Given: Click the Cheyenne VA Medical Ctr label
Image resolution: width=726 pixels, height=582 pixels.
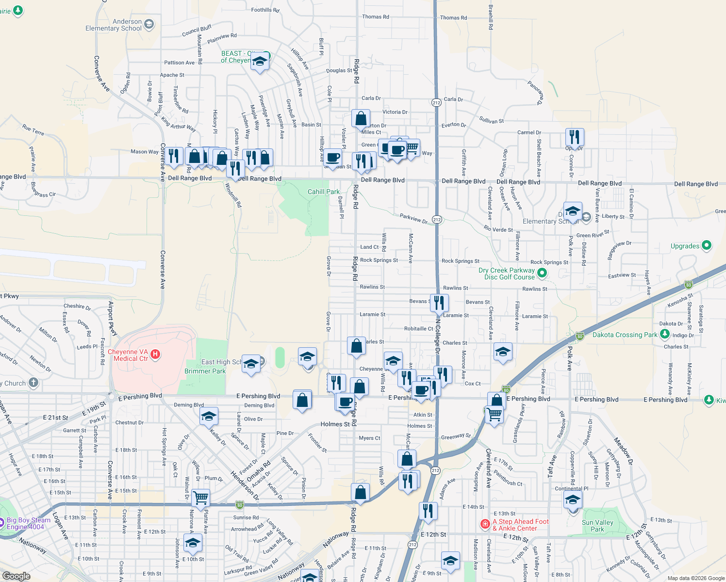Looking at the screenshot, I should tap(128, 355).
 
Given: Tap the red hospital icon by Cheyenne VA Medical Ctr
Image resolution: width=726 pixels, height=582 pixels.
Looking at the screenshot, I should tap(155, 354).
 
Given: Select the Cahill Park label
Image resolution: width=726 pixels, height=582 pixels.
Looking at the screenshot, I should tap(324, 192).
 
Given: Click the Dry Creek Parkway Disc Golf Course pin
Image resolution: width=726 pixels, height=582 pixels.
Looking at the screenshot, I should tap(542, 273).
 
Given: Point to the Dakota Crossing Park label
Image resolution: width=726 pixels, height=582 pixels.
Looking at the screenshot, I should tap(625, 335).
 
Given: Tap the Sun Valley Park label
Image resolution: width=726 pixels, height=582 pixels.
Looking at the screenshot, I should tap(597, 526).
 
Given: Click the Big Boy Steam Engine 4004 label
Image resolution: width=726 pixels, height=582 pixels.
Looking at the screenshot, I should tap(28, 523).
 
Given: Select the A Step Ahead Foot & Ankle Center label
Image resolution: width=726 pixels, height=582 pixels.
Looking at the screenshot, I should tap(520, 525).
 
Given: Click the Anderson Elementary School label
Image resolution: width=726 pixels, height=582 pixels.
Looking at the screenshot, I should tap(114, 25).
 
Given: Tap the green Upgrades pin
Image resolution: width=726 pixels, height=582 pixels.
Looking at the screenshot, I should tap(707, 245).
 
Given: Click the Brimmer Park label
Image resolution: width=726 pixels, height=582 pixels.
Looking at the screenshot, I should tap(205, 371).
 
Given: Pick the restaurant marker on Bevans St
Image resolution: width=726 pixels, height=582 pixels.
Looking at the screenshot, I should tap(439, 303).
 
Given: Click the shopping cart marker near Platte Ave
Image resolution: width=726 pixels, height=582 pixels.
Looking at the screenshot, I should tap(200, 497).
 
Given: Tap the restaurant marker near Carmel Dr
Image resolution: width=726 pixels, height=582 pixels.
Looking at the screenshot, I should tap(574, 138).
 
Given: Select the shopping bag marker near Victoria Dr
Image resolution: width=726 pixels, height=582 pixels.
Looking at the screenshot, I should tap(361, 118).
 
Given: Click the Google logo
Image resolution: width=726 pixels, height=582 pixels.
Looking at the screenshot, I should tap(16, 576).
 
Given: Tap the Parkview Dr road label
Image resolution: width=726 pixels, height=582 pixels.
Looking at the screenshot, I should tap(413, 218).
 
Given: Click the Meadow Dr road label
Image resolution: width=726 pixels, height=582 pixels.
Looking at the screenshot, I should tap(624, 451).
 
